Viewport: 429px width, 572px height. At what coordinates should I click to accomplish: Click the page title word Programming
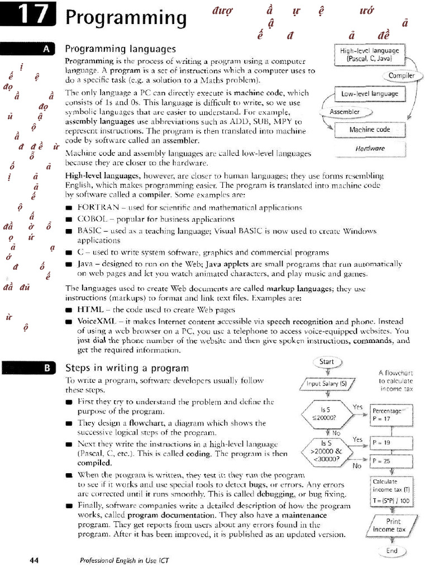tap(126, 17)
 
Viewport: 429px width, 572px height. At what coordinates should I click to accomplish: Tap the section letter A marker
tap(46, 50)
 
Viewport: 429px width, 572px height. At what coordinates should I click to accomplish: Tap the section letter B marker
tap(46, 368)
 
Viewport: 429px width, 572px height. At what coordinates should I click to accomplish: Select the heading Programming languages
tap(121, 49)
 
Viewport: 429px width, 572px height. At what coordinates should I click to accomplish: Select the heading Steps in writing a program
tap(127, 368)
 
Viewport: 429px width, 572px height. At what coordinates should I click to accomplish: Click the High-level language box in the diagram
tap(369, 54)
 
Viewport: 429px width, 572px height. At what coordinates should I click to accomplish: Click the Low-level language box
tap(369, 94)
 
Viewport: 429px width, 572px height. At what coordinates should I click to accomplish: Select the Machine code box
tap(369, 130)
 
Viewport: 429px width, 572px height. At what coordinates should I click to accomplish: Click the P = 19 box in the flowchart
tap(391, 442)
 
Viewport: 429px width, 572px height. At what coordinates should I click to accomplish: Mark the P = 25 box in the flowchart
tap(391, 461)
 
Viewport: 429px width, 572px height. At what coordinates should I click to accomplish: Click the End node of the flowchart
tap(392, 551)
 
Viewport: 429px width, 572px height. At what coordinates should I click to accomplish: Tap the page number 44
tap(34, 560)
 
